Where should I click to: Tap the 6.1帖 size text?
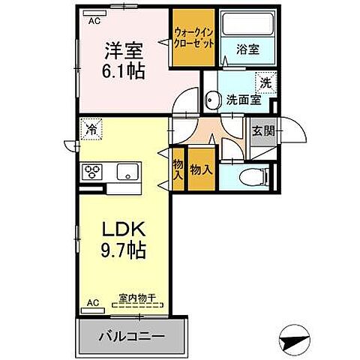(124, 73)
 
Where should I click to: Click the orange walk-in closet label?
(194, 38)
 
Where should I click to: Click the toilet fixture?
(253, 178)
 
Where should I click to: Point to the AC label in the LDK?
(94, 303)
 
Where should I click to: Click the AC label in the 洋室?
(94, 22)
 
